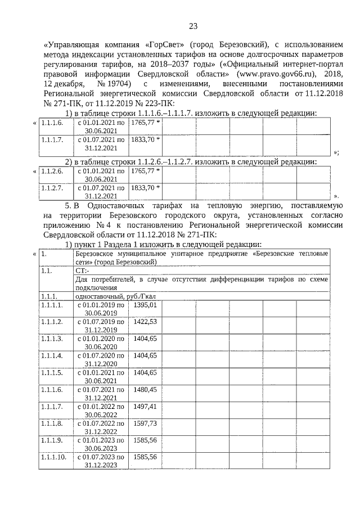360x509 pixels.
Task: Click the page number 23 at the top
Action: pyautogui.click(x=193, y=26)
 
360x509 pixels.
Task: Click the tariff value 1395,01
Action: pyautogui.click(x=145, y=304)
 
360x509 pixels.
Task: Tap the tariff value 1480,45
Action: pyautogui.click(x=145, y=389)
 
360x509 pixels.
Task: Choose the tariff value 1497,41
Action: pyautogui.click(x=145, y=406)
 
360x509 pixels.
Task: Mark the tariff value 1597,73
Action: pyautogui.click(x=145, y=422)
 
